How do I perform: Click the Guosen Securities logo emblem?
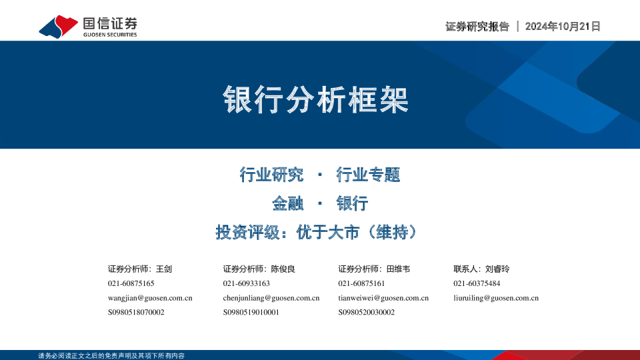pyautogui.click(x=59, y=27)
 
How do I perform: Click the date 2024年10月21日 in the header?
pyautogui.click(x=563, y=27)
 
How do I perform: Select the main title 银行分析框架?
pyautogui.click(x=315, y=100)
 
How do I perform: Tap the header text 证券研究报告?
pyautogui.click(x=477, y=27)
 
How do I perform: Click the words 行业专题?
pyautogui.click(x=368, y=175)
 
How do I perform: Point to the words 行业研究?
pyautogui.click(x=271, y=175)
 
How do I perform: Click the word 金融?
pyautogui.click(x=287, y=203)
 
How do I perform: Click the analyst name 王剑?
pyautogui.click(x=164, y=269)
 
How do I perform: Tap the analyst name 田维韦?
pyautogui.click(x=398, y=269)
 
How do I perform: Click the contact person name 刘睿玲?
pyautogui.click(x=497, y=269)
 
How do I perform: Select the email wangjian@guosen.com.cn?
pyautogui.click(x=150, y=298)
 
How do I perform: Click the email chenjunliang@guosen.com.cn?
pyautogui.click(x=271, y=298)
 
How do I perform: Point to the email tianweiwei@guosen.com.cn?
pyautogui.click(x=383, y=298)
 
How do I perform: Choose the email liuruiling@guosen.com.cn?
pyautogui.click(x=496, y=298)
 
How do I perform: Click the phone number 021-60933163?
pyautogui.click(x=246, y=283)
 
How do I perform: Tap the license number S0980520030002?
pyautogui.click(x=366, y=312)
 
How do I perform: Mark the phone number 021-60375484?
pyautogui.click(x=477, y=283)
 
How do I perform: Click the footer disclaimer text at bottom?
pyautogui.click(x=111, y=355)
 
